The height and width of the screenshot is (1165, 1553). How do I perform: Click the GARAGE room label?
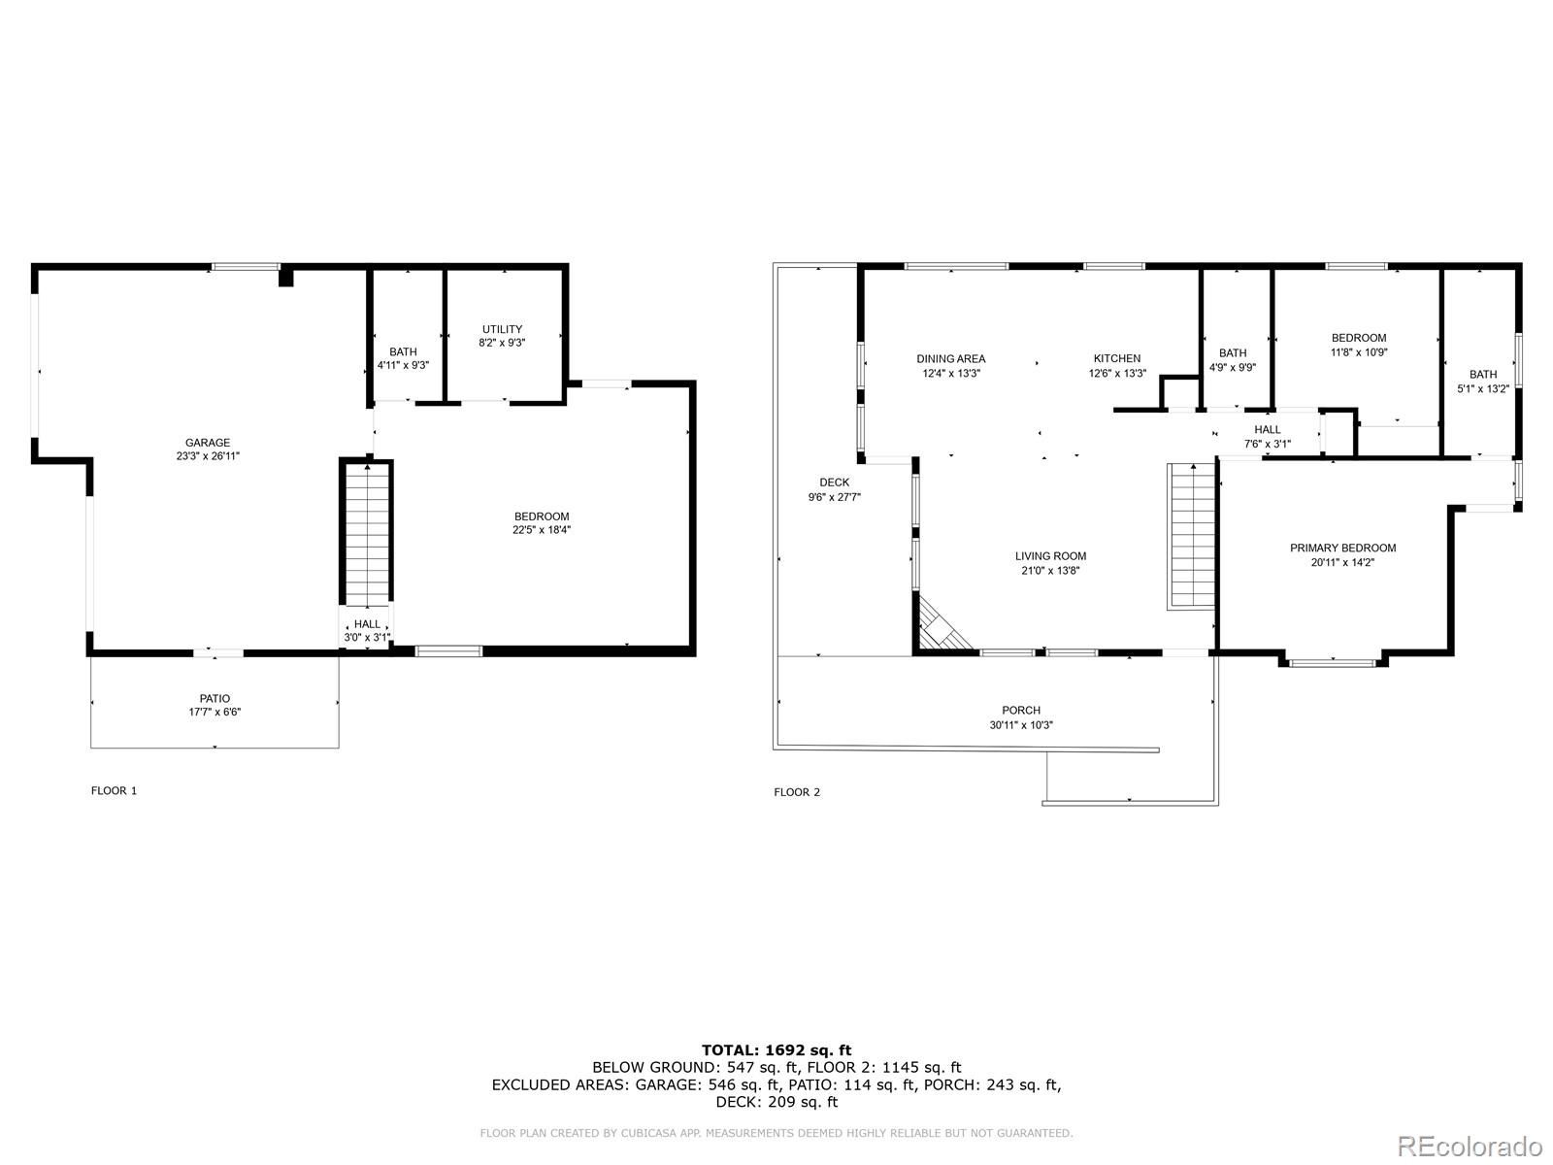point(208,443)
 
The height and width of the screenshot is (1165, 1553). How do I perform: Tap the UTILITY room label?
point(502,329)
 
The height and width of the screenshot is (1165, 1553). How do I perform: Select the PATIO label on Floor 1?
point(215,698)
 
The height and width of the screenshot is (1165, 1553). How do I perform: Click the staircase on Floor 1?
point(367,534)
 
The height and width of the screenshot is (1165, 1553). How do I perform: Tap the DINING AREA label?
point(950,358)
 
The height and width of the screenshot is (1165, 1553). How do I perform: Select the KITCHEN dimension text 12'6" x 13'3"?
point(1117,373)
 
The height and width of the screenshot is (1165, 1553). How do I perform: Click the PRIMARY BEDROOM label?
point(1342,548)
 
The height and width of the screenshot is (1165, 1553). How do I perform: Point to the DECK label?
point(834,482)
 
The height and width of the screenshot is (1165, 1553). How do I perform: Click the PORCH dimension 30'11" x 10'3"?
point(1021,725)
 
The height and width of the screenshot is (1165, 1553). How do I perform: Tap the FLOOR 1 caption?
point(114,790)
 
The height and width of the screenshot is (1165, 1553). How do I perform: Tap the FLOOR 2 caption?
point(796,792)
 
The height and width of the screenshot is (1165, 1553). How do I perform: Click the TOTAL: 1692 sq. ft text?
point(776,1049)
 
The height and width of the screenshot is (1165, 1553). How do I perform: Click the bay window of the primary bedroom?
point(1333,663)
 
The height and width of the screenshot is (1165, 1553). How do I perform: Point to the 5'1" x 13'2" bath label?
point(1483,388)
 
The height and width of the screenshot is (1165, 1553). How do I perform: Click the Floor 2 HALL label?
point(1267,429)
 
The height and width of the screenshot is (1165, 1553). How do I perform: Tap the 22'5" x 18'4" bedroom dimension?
point(542,530)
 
